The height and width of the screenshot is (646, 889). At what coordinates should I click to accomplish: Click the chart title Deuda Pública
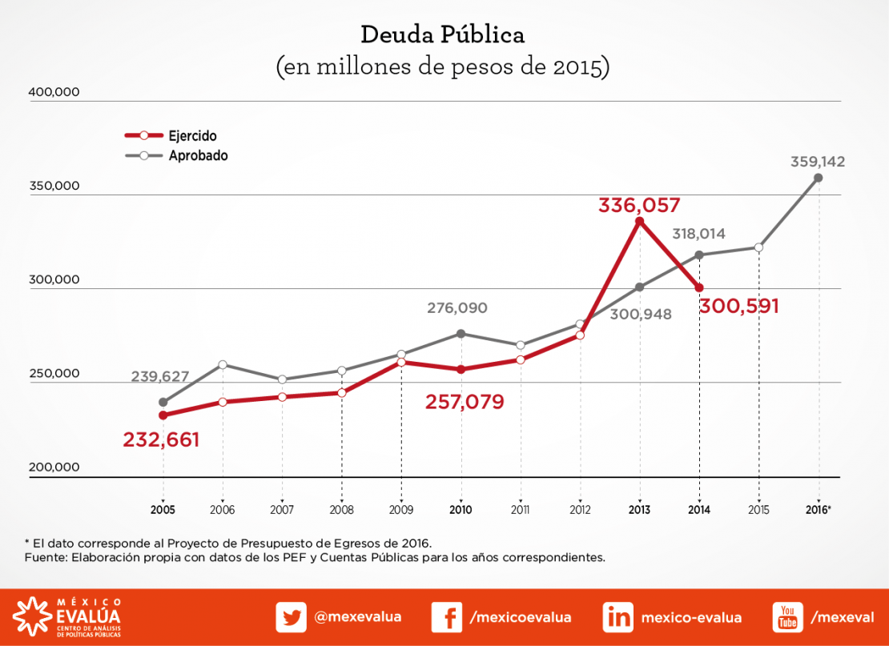pyautogui.click(x=443, y=35)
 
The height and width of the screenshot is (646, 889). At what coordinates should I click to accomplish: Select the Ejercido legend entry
pyautogui.click(x=192, y=136)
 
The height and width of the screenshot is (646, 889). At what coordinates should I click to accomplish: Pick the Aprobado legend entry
pyautogui.click(x=198, y=156)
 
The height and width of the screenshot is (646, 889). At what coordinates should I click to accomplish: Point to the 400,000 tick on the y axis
pyautogui.click(x=54, y=92)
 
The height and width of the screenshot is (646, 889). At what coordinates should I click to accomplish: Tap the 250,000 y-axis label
pyautogui.click(x=54, y=374)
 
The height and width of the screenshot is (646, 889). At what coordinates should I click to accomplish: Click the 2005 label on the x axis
pyautogui.click(x=163, y=510)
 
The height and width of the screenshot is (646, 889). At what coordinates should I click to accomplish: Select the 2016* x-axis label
pyautogui.click(x=819, y=510)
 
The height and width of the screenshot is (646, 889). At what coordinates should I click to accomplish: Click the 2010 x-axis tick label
pyautogui.click(x=461, y=510)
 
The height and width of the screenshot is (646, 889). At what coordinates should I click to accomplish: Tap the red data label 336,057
pyautogui.click(x=639, y=205)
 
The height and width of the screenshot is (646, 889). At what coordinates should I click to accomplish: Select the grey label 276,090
pyautogui.click(x=457, y=307)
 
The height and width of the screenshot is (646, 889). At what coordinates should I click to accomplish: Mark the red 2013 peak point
pyautogui.click(x=639, y=221)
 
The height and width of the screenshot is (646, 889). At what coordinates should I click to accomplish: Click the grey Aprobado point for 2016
pyautogui.click(x=818, y=178)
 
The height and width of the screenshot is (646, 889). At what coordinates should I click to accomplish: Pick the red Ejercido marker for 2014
pyautogui.click(x=699, y=287)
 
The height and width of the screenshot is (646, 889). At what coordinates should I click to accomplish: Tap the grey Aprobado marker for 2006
pyautogui.click(x=223, y=365)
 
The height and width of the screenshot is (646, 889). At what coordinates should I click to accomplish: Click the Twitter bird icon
pyautogui.click(x=292, y=617)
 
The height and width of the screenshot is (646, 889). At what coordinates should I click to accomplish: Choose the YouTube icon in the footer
pyautogui.click(x=787, y=617)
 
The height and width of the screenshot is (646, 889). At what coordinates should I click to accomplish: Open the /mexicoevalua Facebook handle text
pyautogui.click(x=521, y=617)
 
